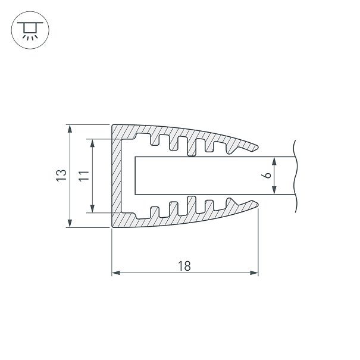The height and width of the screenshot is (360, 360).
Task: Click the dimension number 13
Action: coord(61,176)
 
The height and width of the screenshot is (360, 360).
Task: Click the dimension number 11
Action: coord(84,176)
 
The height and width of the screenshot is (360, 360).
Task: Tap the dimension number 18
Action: coord(184,266)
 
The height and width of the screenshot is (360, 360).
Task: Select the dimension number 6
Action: coord(268,175)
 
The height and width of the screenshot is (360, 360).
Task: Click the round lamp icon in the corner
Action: coord(30,30)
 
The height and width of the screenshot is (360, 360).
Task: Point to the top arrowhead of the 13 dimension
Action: coord(70,129)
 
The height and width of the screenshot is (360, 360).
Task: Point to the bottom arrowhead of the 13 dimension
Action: coord(70,223)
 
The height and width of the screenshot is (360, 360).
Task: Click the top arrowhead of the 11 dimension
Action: coord(92,143)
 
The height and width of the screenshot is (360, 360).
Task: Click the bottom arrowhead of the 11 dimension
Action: coord(92,208)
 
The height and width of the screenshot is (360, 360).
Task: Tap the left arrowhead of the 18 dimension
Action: coord(116,273)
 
